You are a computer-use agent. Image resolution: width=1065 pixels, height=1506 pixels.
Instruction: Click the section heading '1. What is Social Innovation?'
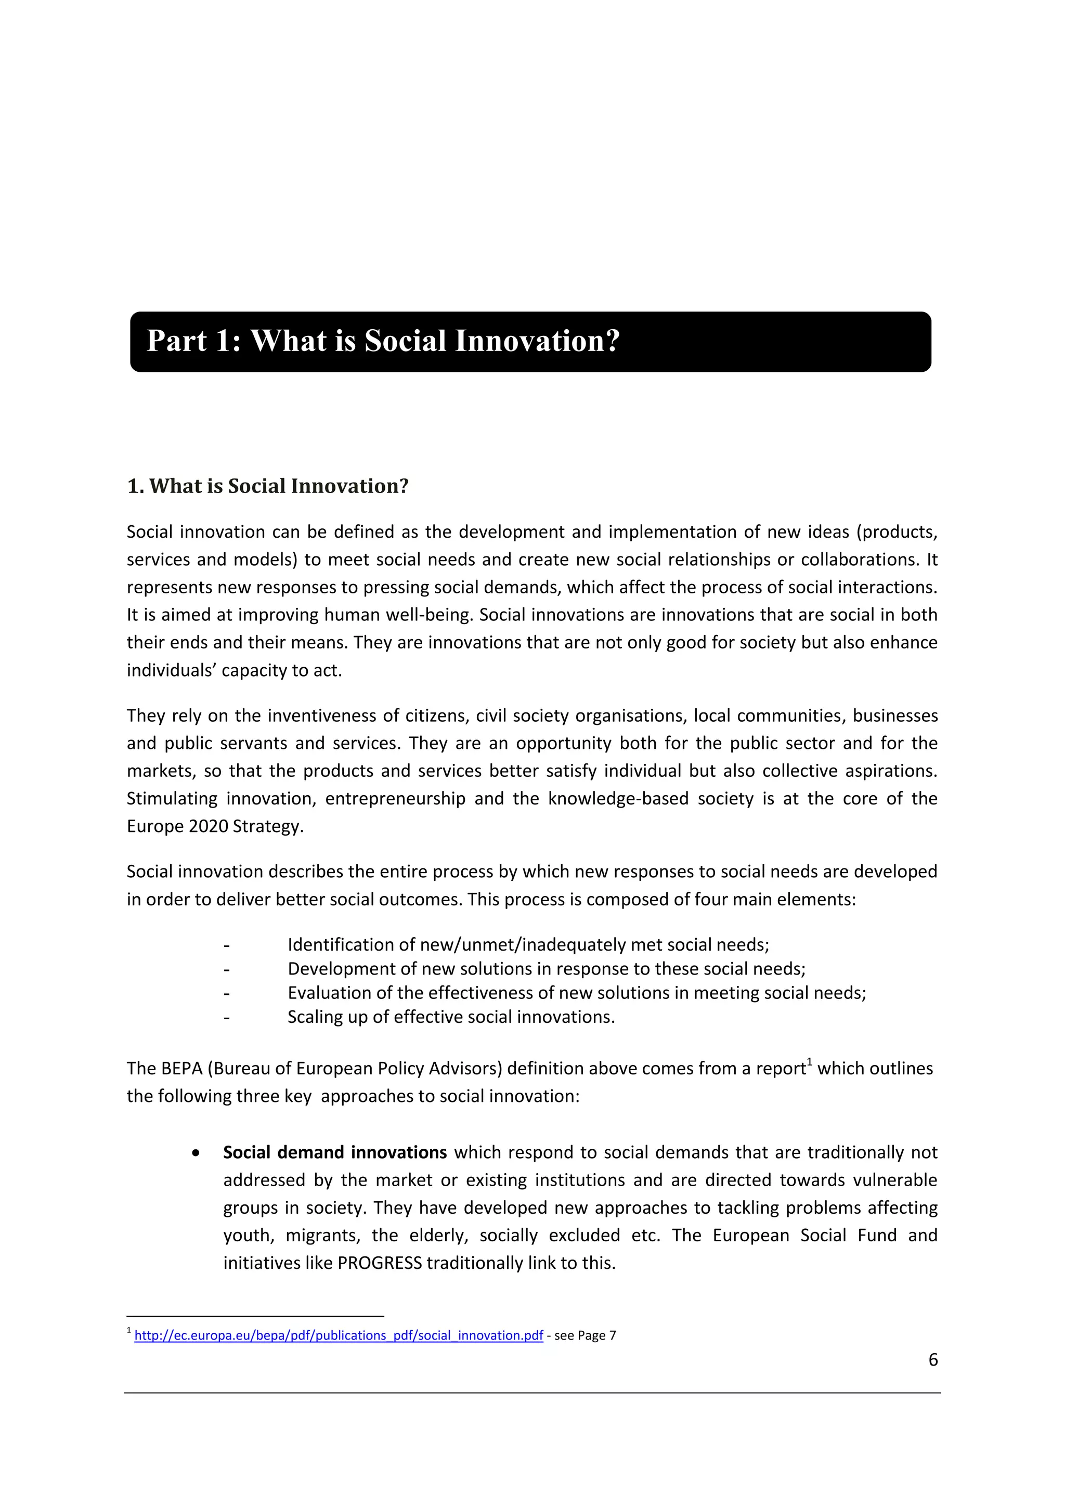tap(268, 486)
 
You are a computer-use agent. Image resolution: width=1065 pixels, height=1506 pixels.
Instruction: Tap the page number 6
tap(932, 1360)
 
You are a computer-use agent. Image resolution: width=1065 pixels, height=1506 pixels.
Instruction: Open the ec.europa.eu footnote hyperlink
tap(339, 1335)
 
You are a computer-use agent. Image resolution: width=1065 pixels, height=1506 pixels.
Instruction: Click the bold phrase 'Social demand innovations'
tap(334, 1152)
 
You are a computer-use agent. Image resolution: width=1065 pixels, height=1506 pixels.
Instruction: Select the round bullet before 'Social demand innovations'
tap(196, 1153)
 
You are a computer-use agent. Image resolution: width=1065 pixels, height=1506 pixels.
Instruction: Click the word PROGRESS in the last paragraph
tap(379, 1263)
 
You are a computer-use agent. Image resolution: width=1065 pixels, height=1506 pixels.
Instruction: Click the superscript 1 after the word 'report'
tap(810, 1062)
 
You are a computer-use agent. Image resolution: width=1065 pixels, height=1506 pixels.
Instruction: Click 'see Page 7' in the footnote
tap(585, 1335)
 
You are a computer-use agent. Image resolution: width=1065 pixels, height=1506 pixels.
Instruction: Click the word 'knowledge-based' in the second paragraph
tap(618, 798)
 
